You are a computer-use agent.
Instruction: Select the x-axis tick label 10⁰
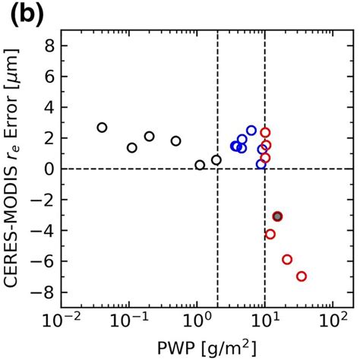tap(197, 324)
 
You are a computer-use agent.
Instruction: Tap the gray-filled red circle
tap(277, 216)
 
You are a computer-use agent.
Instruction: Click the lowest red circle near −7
tap(301, 276)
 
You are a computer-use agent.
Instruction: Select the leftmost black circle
tap(102, 128)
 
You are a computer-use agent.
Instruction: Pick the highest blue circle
tap(251, 131)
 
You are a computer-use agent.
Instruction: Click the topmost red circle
tap(265, 132)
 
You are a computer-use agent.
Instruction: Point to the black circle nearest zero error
tap(200, 165)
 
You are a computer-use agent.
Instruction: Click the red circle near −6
tap(287, 259)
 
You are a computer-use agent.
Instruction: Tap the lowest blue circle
tap(261, 164)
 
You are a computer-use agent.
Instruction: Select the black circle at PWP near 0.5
tap(176, 141)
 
